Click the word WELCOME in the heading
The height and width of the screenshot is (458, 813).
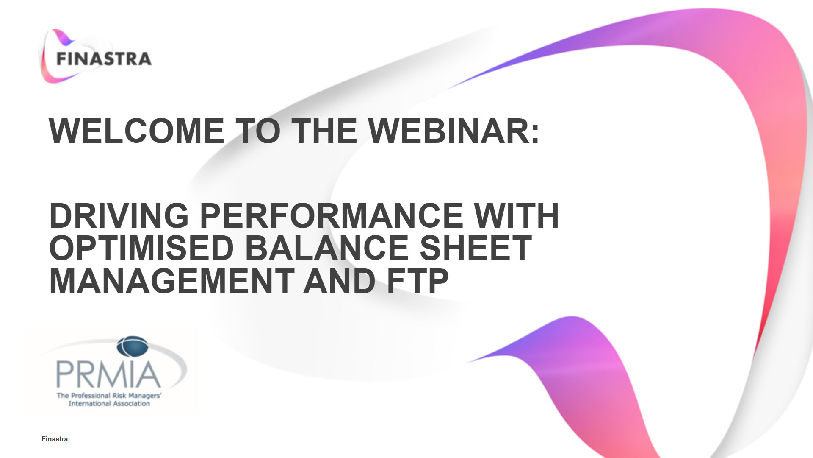coord(137,131)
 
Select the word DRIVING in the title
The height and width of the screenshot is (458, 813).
coord(119,216)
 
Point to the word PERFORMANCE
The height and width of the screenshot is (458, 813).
coord(331,216)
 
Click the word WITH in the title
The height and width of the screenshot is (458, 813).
coord(516,216)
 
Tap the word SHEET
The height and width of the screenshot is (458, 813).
coord(476,249)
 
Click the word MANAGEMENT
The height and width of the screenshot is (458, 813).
coord(172,281)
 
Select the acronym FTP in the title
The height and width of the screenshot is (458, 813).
coord(417,281)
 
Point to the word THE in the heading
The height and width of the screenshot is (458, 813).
coord(324,131)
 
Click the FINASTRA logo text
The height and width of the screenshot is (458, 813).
coord(104,59)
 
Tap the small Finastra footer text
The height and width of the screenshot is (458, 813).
coord(55,439)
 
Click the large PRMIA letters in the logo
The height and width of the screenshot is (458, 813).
coord(108,374)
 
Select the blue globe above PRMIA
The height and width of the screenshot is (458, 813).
coord(133,346)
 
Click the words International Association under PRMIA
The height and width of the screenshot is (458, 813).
coord(109,404)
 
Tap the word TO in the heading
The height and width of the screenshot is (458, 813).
coord(257,131)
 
